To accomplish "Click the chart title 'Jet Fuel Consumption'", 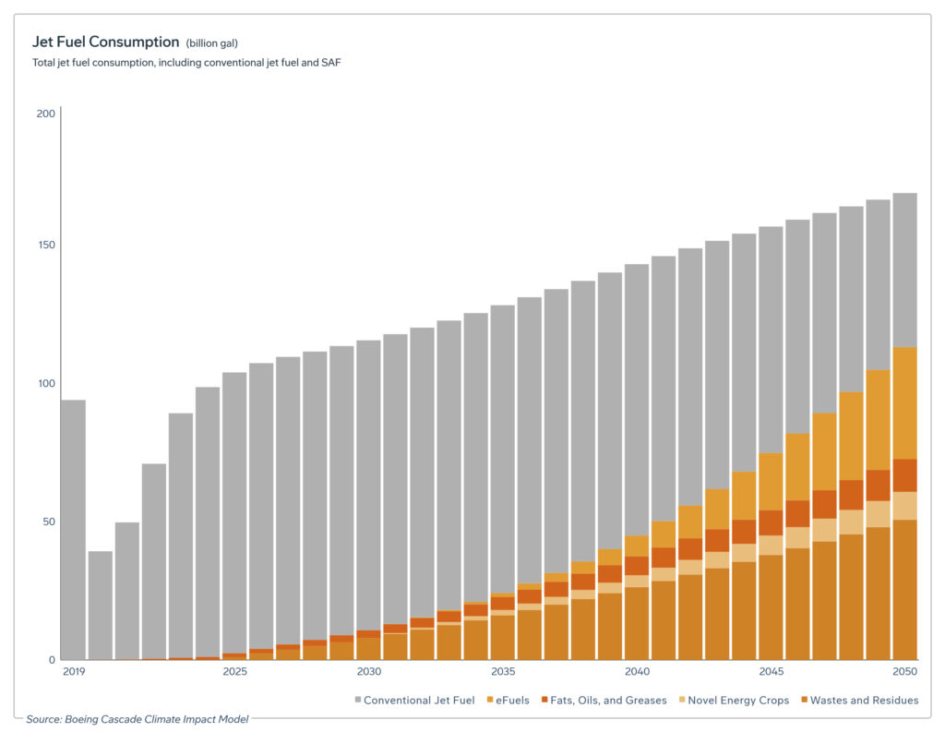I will [x=105, y=42].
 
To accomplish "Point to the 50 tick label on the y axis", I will [x=47, y=522].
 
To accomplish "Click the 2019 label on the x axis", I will [x=73, y=671].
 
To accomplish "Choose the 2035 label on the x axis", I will [x=503, y=671].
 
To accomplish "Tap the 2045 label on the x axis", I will [x=771, y=671].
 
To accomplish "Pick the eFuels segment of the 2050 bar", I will [x=904, y=402].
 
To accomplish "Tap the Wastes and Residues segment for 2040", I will [x=637, y=623].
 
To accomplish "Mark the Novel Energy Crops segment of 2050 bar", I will [x=904, y=506].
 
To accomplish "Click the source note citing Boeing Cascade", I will [x=137, y=718].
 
